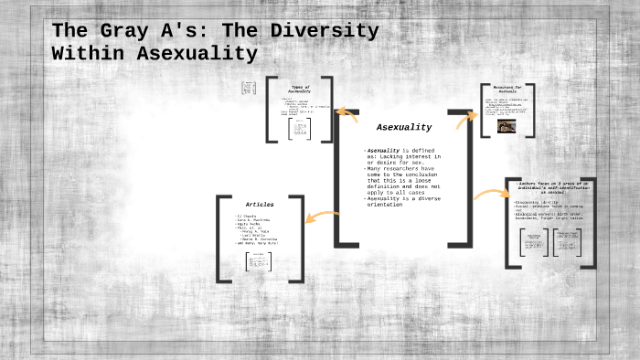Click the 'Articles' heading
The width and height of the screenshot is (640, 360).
pos(260,204)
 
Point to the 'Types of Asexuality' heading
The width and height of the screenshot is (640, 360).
pos(300,90)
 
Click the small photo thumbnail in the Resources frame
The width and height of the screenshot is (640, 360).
pos(506,128)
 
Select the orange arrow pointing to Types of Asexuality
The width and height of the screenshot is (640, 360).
pos(347,114)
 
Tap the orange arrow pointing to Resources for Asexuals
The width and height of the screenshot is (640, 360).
pos(465,115)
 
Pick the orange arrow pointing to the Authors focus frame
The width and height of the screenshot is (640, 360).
pos(490,194)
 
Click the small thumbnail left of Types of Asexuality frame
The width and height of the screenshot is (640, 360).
pos(248,88)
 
